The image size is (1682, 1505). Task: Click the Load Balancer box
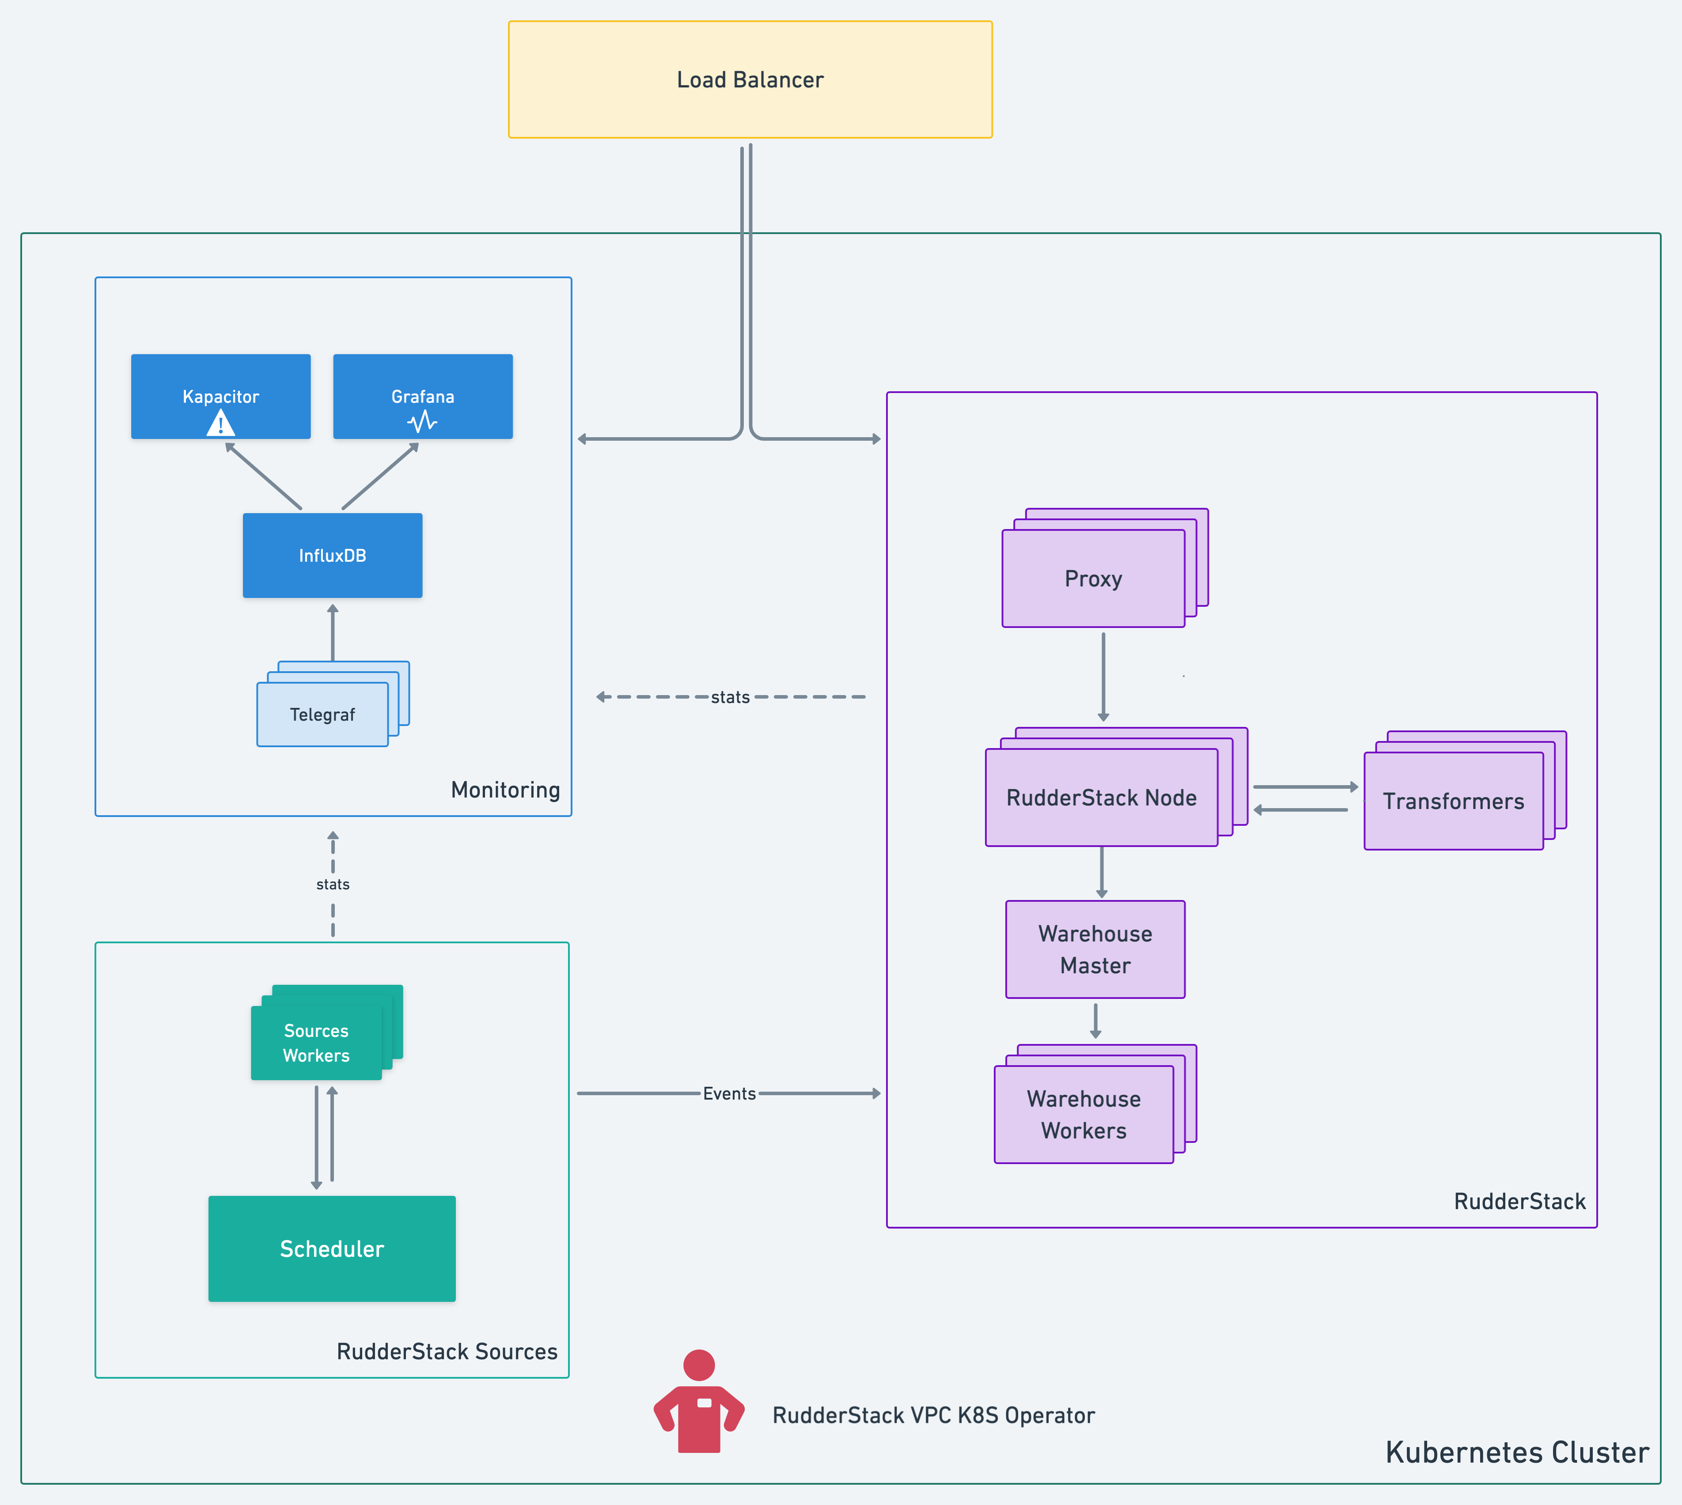click(750, 79)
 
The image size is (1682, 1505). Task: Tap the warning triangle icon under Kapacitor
click(221, 424)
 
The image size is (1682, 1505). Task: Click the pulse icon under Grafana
click(423, 423)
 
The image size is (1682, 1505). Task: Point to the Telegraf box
click(322, 715)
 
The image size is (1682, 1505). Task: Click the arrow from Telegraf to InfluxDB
click(333, 632)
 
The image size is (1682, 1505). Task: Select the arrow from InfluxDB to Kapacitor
click(263, 476)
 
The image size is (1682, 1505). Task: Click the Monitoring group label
click(505, 790)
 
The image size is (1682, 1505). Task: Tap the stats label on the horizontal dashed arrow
click(730, 697)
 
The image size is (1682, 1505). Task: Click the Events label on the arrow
click(729, 1093)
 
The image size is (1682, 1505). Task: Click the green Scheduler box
click(332, 1249)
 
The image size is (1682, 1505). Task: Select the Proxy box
click(1093, 579)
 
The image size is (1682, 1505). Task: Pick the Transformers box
click(1453, 801)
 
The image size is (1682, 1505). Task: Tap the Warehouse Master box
click(1095, 949)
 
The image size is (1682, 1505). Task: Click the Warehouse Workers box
click(1083, 1115)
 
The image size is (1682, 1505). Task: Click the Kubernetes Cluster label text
click(1517, 1452)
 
